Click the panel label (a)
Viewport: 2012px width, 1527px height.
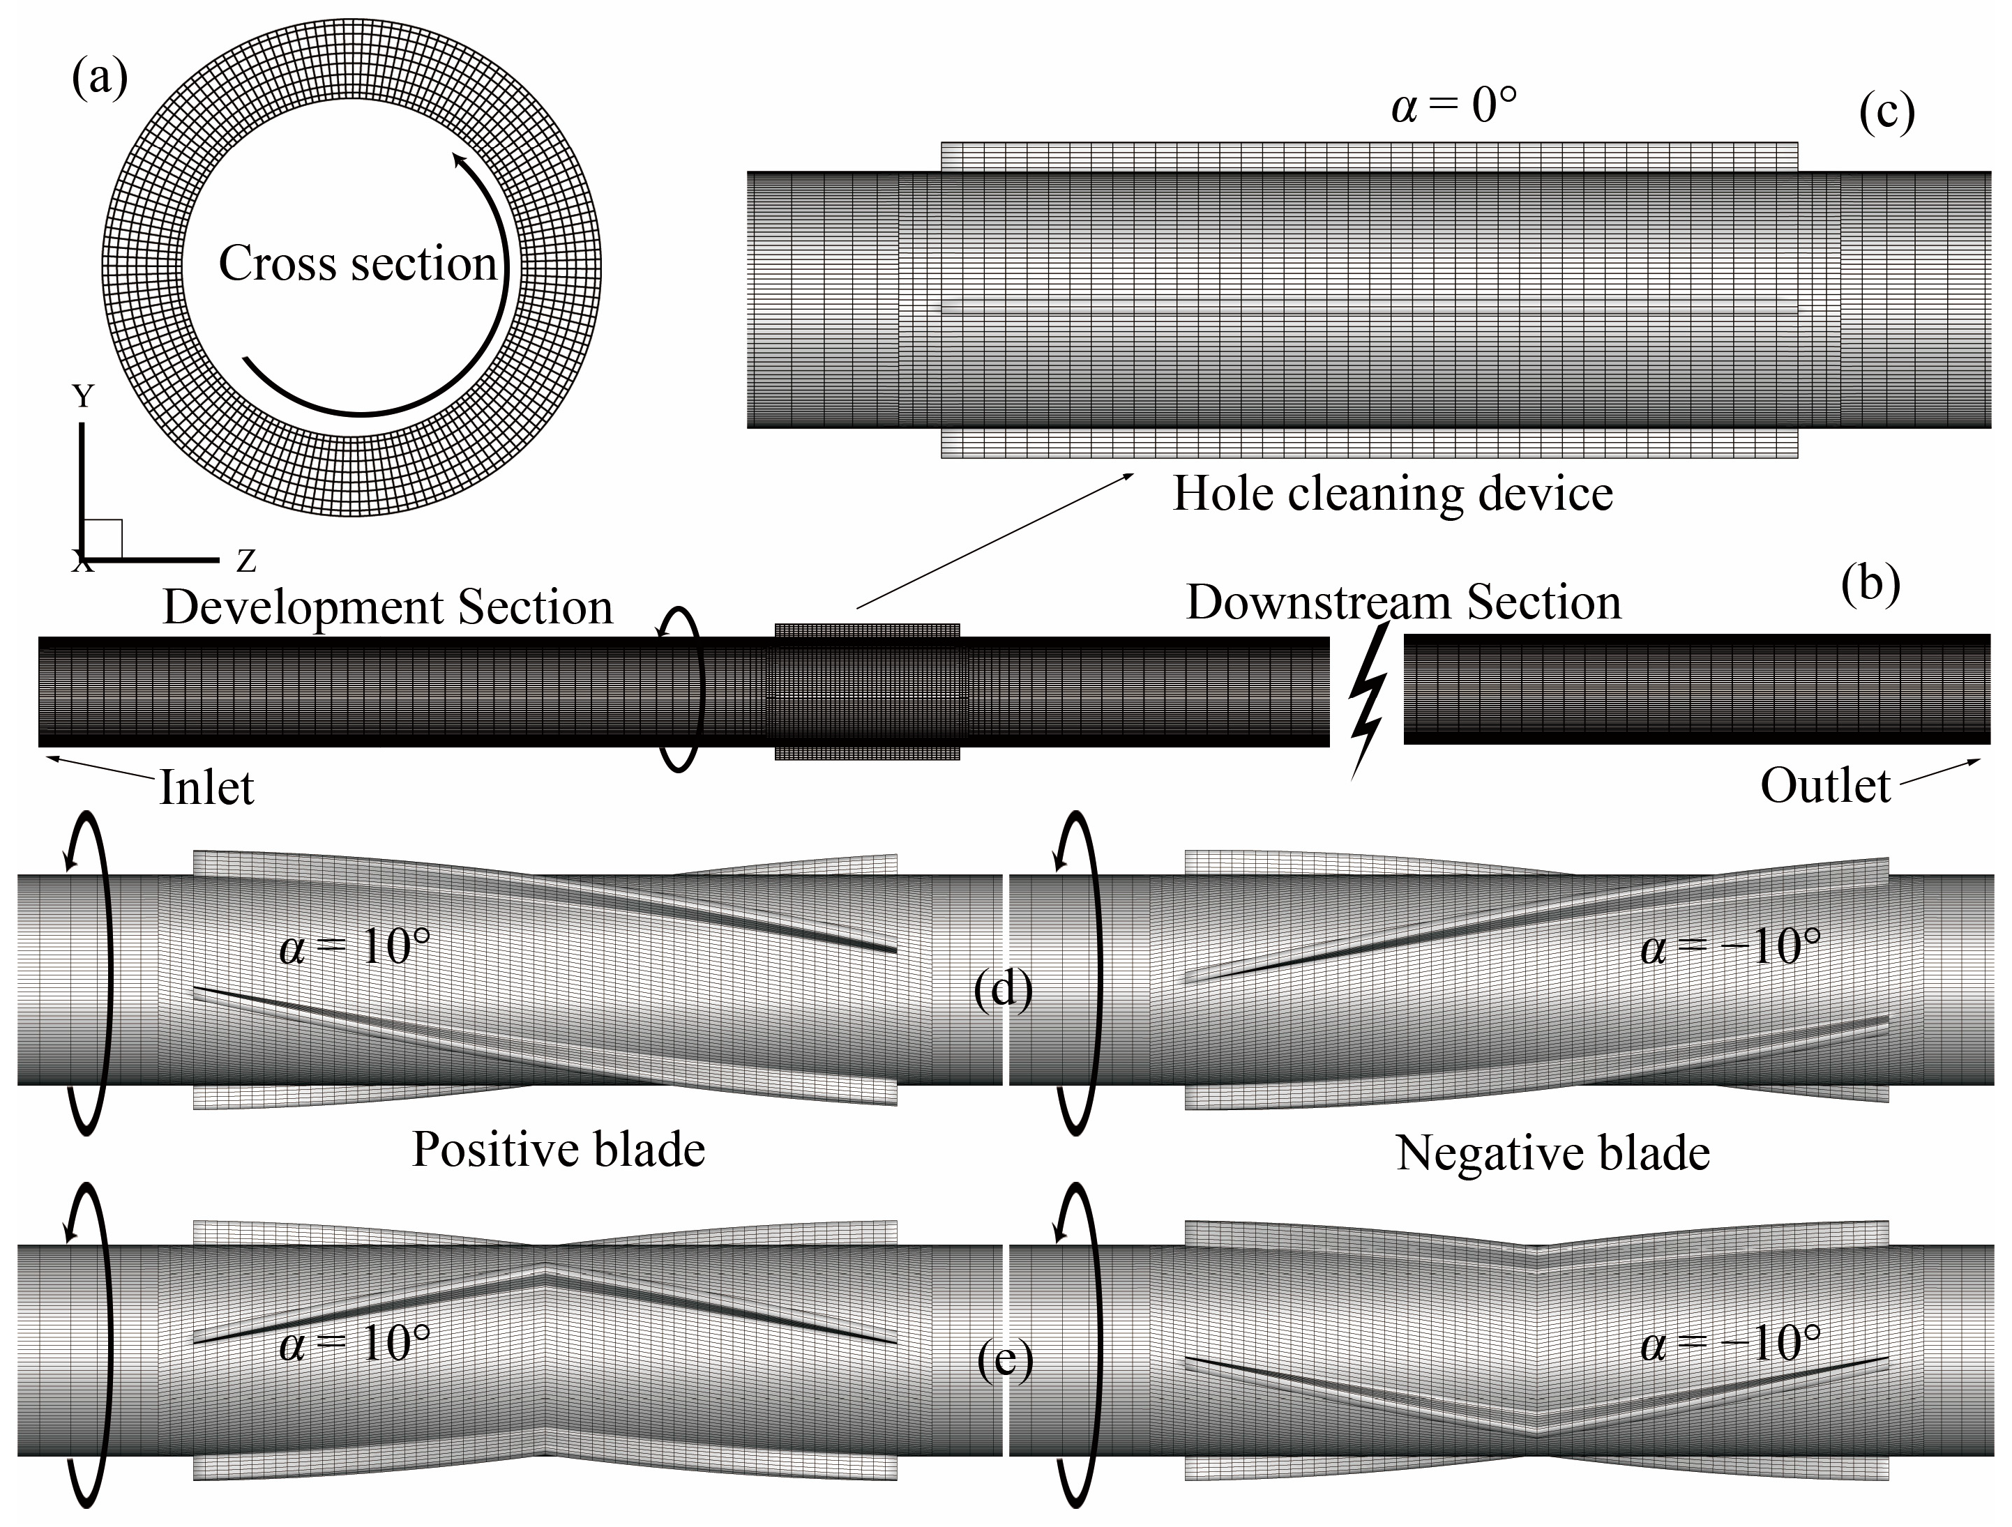[99, 78]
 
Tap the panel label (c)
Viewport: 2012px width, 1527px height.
[1886, 113]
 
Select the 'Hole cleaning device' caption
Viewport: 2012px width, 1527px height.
[1393, 494]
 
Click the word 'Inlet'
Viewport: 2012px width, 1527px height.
[206, 788]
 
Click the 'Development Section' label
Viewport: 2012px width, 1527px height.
[388, 607]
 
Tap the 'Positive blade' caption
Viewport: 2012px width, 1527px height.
[559, 1150]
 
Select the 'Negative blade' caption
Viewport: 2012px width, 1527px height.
[1552, 1153]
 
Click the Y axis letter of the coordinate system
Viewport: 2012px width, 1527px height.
[83, 397]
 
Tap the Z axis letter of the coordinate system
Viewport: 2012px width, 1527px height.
[245, 561]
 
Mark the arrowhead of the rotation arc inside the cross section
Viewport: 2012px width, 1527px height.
[460, 162]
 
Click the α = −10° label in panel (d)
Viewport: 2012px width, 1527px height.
[1730, 948]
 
